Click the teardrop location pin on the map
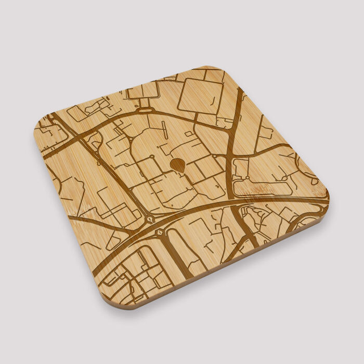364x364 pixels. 177,165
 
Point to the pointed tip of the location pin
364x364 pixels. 178,172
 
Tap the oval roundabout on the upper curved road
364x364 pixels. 145,110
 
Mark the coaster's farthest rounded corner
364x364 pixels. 211,69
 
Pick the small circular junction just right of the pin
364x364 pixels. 214,155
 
